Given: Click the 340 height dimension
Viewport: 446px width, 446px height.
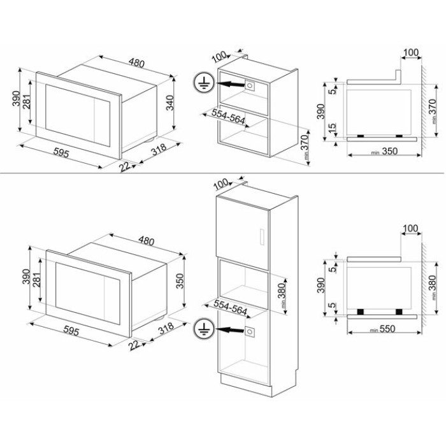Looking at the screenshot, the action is (x=169, y=103).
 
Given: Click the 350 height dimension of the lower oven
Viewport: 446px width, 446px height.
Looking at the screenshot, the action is (x=180, y=281).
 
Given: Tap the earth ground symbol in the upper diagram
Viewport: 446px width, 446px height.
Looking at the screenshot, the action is (x=204, y=83).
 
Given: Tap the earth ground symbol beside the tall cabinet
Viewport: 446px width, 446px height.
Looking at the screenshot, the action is (x=204, y=329).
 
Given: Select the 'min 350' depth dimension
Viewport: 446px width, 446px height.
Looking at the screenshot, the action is (x=384, y=152).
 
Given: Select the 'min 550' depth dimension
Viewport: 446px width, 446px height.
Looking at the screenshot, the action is (x=383, y=329).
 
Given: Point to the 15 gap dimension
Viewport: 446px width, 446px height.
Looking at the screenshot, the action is (x=332, y=128).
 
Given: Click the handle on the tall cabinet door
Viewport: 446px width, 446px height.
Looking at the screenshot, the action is (x=263, y=236).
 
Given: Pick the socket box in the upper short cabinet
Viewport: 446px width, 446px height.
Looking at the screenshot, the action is (x=250, y=85).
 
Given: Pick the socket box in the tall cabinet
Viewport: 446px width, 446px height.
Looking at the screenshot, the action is (x=250, y=332).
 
